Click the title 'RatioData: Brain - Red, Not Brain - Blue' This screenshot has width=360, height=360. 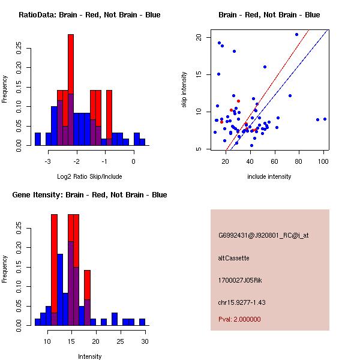pyautogui.click(x=89, y=15)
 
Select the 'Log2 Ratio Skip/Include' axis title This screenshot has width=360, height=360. pyautogui.click(x=89, y=176)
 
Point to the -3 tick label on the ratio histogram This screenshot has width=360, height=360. pyautogui.click(x=47, y=161)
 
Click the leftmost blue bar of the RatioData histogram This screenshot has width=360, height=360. pyautogui.click(x=38, y=139)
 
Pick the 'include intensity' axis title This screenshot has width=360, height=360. pyautogui.click(x=269, y=176)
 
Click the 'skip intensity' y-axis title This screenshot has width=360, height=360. pyautogui.click(x=184, y=89)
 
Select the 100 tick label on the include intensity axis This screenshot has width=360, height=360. pyautogui.click(x=323, y=161)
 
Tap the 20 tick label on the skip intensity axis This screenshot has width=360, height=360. pyautogui.click(x=199, y=37)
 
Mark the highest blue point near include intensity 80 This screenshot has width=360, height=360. pyautogui.click(x=296, y=35)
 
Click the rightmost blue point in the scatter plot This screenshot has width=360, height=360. pyautogui.click(x=325, y=119)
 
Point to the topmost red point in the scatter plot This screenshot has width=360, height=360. pyautogui.click(x=239, y=101)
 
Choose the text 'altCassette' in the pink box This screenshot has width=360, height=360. pyautogui.click(x=233, y=258)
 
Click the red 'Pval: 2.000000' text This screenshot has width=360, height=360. pyautogui.click(x=239, y=319)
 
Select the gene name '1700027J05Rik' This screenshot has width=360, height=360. pyautogui.click(x=240, y=280)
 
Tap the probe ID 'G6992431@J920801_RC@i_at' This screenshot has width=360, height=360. pyautogui.click(x=263, y=236)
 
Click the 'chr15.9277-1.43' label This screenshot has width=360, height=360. pyautogui.click(x=242, y=302)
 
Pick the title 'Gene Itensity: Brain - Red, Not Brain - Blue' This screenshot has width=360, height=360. pyautogui.click(x=89, y=195)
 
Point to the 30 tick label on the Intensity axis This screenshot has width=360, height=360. pyautogui.click(x=145, y=341)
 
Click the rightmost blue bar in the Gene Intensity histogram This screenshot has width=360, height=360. pyautogui.click(x=142, y=322)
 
